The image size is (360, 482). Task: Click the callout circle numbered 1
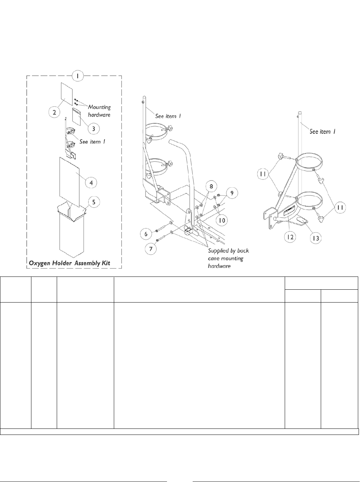[x=77, y=76]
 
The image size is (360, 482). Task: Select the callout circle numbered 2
[x=54, y=112]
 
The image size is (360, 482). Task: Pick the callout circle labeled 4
[x=91, y=182]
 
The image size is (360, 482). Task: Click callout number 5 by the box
[x=94, y=202]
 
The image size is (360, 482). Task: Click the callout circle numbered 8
[x=211, y=186]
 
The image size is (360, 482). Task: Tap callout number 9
[x=232, y=193]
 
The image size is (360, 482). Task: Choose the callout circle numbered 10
[x=222, y=220]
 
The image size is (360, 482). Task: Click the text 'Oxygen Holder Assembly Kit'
[x=70, y=263]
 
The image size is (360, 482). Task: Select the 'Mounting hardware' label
[x=99, y=111]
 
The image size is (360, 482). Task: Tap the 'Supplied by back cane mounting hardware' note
[x=228, y=258]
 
